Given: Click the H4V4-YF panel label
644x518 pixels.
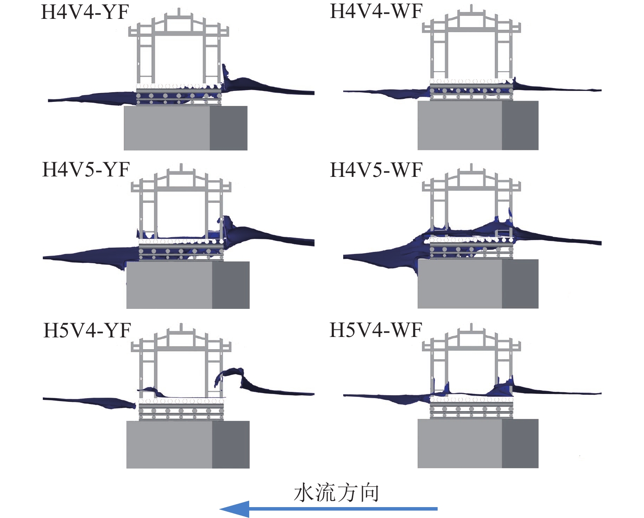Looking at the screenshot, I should point(85,13).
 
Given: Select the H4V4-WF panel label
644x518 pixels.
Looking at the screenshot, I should point(376,11).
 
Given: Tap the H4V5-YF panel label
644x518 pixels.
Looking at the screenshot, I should point(86,170).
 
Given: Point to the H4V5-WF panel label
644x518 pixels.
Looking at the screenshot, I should point(376,170).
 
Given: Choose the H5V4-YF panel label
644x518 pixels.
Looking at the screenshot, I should point(87,331).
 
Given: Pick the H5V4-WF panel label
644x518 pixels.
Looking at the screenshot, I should point(376,330).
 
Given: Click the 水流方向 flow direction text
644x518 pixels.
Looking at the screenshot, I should point(336,493).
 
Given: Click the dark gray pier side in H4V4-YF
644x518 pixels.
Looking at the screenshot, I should point(228,128).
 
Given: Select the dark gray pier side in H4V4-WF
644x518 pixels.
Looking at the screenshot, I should point(520,125).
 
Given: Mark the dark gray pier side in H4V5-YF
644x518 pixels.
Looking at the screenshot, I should point(231,285).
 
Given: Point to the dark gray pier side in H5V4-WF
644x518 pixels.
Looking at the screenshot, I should point(520,443).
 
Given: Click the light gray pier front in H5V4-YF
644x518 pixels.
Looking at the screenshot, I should point(169,444).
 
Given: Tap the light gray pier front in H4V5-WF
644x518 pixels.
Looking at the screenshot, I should point(459,284).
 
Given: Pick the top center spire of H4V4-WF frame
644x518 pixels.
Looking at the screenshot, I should point(472,8).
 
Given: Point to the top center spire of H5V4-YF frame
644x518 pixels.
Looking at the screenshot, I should point(181,326).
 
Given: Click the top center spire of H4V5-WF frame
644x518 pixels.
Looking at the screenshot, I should point(472,167).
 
